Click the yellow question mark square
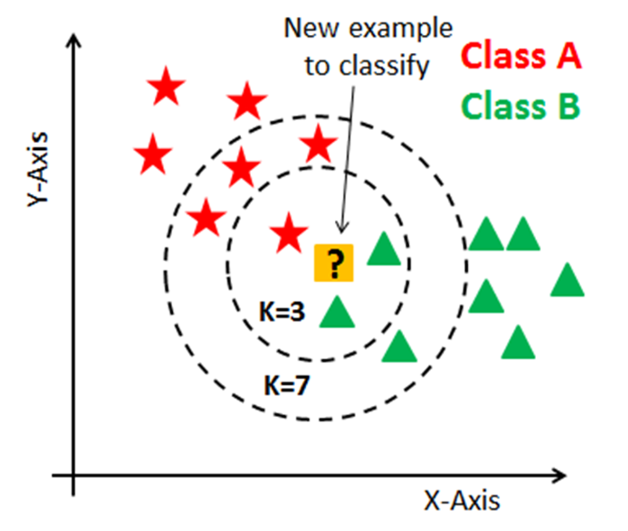(334, 263)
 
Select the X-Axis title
(461, 499)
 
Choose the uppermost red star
(166, 88)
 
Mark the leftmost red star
(152, 154)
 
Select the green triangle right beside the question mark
(384, 250)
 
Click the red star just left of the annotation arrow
(318, 146)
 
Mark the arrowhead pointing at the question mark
(342, 231)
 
